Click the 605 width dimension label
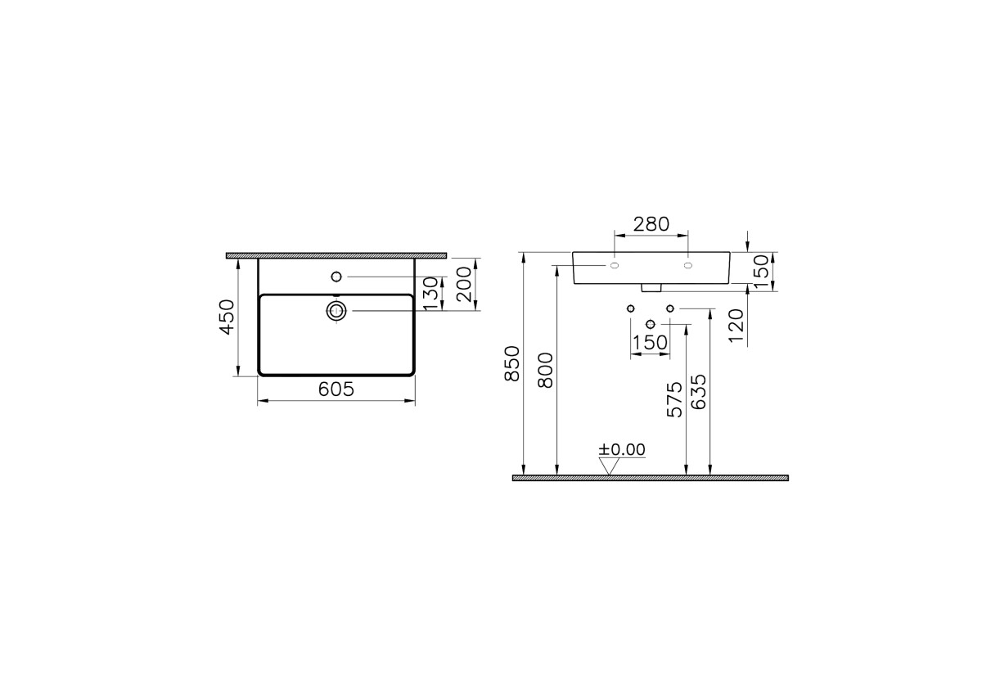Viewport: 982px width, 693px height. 336,389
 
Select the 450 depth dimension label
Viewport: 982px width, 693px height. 227,316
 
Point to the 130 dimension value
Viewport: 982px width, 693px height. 432,293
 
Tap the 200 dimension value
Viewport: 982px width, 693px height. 464,284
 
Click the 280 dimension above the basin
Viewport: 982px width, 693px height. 651,223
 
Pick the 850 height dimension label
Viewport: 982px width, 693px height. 512,363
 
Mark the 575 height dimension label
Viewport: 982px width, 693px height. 674,399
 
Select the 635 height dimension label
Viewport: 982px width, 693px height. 699,395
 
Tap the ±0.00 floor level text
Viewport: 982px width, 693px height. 622,449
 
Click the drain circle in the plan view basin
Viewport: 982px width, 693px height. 336,310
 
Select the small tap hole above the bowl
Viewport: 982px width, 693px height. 336,277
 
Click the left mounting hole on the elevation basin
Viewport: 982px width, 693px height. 615,266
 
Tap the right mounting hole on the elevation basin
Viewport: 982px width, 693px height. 687,266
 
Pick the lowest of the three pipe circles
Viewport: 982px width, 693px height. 650,325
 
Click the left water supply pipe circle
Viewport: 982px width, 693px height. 630,308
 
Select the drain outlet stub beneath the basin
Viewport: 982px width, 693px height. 651,287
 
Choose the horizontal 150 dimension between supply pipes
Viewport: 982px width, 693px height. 650,343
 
